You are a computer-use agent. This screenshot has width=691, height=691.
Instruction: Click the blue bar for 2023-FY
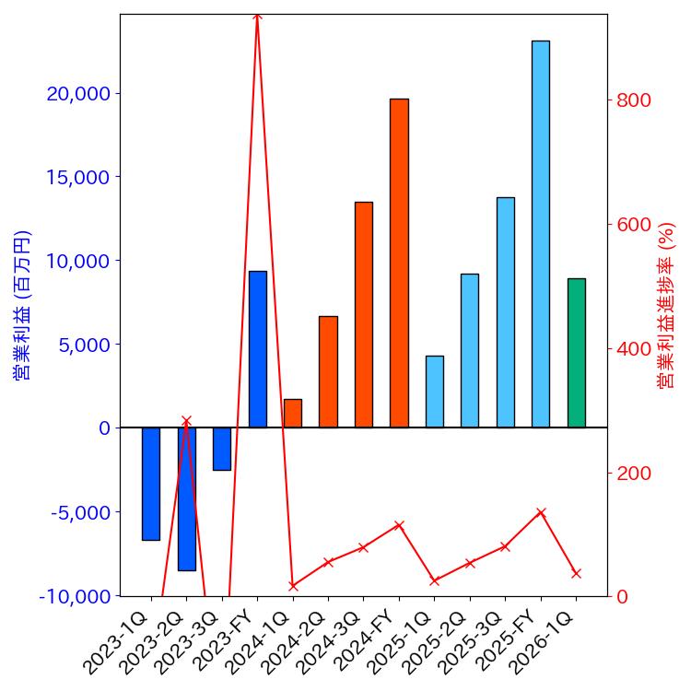pos(257,349)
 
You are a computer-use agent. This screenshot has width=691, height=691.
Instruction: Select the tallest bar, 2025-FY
pos(541,234)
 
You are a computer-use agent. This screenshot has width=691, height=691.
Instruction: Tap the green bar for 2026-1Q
pos(576,353)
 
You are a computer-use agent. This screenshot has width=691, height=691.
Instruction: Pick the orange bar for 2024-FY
pos(399,263)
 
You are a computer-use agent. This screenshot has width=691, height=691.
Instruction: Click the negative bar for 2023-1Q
pos(151,484)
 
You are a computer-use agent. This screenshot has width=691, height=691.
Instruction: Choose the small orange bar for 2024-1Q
pos(293,414)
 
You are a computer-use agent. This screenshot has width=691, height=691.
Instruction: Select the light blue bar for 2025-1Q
pos(435,392)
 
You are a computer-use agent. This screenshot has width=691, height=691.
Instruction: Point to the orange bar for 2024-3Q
pos(364,314)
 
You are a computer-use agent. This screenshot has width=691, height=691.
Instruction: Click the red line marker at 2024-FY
pos(399,525)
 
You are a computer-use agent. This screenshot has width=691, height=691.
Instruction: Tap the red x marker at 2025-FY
pos(541,512)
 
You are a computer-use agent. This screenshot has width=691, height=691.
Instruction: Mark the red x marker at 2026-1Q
pos(576,573)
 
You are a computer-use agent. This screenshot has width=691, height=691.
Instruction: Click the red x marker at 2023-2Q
pos(186,421)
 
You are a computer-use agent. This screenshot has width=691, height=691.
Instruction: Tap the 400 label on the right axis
pos(634,349)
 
